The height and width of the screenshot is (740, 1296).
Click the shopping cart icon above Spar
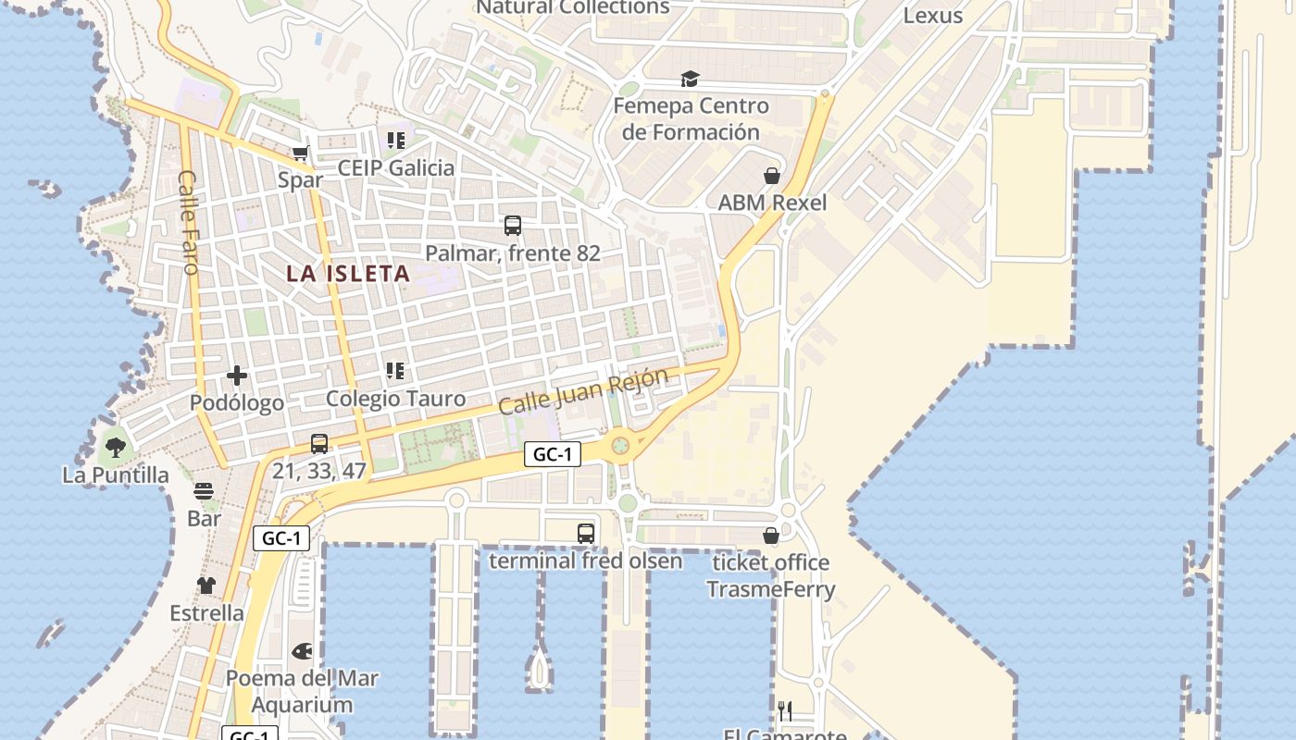coord(300,154)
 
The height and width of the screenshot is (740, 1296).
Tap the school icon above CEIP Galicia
coord(395,141)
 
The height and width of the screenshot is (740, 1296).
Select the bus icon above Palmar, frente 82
coord(513,225)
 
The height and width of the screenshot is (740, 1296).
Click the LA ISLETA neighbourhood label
coord(348,274)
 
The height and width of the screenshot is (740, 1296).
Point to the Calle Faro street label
coord(189,222)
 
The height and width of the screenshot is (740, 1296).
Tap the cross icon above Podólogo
coord(237,376)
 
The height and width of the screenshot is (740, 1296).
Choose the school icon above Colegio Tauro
coord(395,371)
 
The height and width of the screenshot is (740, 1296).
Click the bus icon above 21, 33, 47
coord(319,443)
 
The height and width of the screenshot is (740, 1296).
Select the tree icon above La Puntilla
coord(116,449)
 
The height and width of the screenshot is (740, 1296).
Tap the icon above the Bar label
coord(204,491)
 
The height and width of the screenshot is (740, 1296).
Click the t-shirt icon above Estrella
coord(206,586)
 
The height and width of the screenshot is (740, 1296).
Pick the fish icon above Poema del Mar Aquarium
coord(302,651)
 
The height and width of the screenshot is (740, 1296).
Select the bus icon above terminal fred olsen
coord(585,534)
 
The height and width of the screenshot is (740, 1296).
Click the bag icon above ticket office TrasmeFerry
coord(770,536)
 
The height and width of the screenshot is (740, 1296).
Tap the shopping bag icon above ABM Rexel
coord(772,176)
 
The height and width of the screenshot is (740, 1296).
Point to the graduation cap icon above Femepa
coord(690,80)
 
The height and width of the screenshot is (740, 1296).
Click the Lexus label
coord(932,16)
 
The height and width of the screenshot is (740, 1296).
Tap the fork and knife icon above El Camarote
coord(785,710)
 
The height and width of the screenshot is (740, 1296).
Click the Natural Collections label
coord(573,8)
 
